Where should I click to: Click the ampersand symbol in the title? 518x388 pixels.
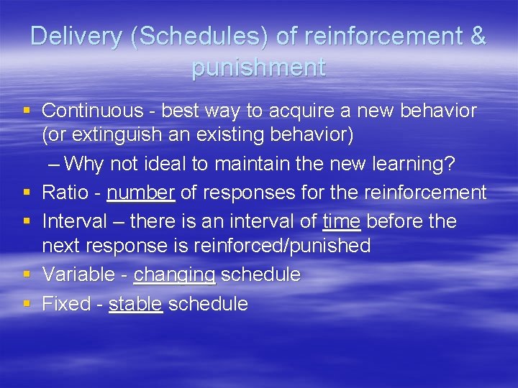click(x=477, y=37)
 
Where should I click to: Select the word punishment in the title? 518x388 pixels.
click(x=258, y=68)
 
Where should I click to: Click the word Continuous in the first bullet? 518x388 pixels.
click(x=93, y=111)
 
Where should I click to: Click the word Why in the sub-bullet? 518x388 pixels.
click(x=88, y=165)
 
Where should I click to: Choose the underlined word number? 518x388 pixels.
click(x=140, y=192)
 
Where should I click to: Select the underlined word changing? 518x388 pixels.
click(x=175, y=274)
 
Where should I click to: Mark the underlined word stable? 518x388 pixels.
click(x=135, y=303)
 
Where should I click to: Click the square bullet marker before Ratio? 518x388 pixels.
click(x=27, y=192)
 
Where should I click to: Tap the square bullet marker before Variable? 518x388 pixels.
click(x=27, y=274)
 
